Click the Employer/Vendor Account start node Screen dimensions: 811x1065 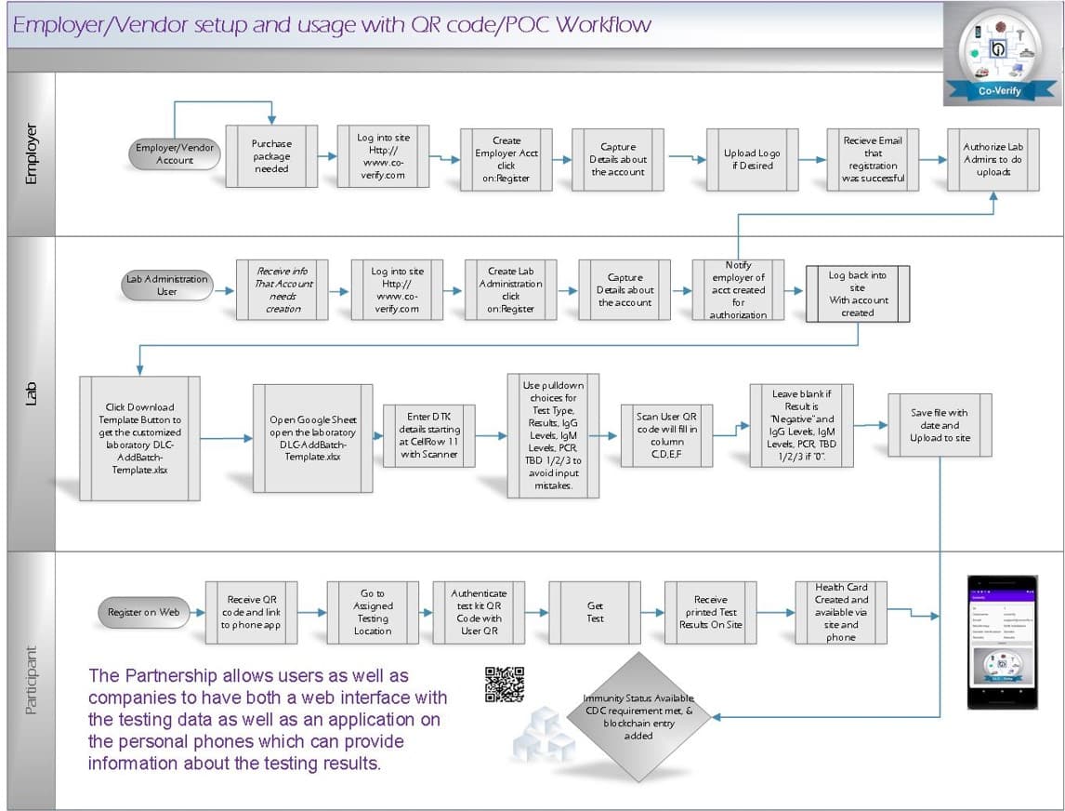[x=175, y=154]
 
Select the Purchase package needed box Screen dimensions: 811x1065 [x=271, y=156]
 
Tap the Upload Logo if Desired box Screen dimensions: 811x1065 [x=752, y=159]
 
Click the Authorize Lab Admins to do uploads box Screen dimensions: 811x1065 [x=993, y=159]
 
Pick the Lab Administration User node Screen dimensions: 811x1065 [x=167, y=285]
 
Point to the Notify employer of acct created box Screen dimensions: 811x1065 [x=738, y=289]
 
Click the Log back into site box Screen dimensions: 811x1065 [x=857, y=294]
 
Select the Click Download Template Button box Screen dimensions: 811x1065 [x=139, y=439]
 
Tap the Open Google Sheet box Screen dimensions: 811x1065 [x=313, y=439]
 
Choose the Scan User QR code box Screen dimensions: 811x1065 [x=667, y=435]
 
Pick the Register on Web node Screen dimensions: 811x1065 [x=142, y=612]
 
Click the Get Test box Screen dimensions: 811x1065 [x=595, y=612]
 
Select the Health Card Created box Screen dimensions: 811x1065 [x=841, y=612]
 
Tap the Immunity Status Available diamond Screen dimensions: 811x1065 [x=638, y=717]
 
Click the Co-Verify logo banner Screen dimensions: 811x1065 [x=1000, y=90]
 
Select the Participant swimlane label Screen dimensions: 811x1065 [x=32, y=680]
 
